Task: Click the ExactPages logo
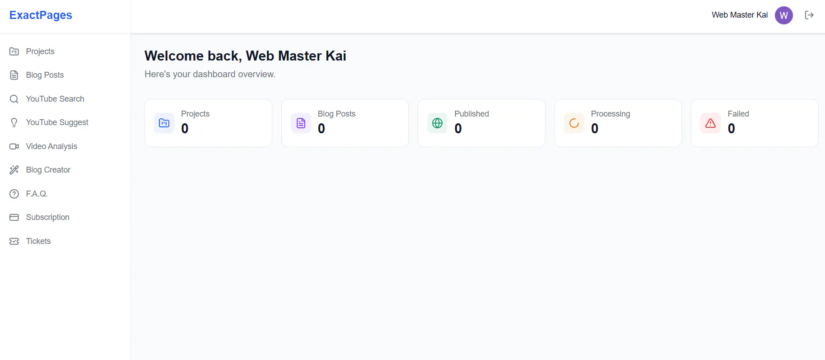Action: pyautogui.click(x=41, y=15)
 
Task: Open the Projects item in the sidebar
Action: pyautogui.click(x=40, y=51)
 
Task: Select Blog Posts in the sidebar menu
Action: pyautogui.click(x=45, y=75)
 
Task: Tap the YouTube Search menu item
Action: pyautogui.click(x=55, y=99)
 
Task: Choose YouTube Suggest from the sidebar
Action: pyautogui.click(x=57, y=122)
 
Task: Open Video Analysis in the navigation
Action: pyautogui.click(x=51, y=146)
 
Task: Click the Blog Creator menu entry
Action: pyautogui.click(x=48, y=170)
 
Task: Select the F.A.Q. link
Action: pyautogui.click(x=37, y=194)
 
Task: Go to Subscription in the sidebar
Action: pyautogui.click(x=47, y=217)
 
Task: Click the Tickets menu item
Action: pyautogui.click(x=38, y=241)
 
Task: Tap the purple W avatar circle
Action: pyautogui.click(x=784, y=15)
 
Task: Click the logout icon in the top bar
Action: pyautogui.click(x=809, y=15)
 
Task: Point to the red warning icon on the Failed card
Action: pyautogui.click(x=710, y=123)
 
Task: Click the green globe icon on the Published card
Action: pyautogui.click(x=437, y=123)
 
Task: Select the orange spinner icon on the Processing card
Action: pyautogui.click(x=574, y=123)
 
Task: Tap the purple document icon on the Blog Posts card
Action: pyautogui.click(x=301, y=123)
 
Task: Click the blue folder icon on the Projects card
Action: pyautogui.click(x=164, y=123)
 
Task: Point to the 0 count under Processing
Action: pyautogui.click(x=595, y=129)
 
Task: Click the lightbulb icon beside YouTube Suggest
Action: pyautogui.click(x=14, y=122)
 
